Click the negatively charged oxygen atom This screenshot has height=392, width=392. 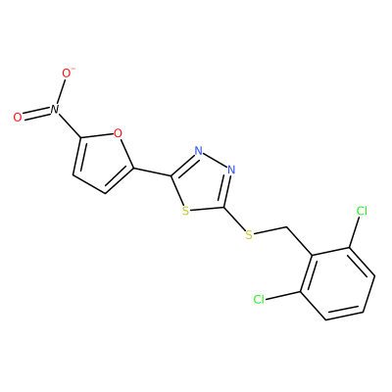(67, 73)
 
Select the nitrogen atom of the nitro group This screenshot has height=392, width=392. (54, 109)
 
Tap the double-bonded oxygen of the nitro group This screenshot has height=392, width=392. (18, 118)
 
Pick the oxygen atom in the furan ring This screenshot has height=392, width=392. (118, 133)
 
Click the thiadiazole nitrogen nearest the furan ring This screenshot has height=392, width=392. (198, 151)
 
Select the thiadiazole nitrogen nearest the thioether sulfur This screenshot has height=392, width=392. (231, 170)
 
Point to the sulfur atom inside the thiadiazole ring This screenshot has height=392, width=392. (185, 211)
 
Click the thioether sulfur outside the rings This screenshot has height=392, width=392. (249, 234)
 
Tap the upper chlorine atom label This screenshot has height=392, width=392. (362, 211)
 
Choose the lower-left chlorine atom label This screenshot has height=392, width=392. (259, 299)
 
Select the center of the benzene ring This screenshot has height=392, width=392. (338, 283)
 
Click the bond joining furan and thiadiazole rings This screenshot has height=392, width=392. (152, 172)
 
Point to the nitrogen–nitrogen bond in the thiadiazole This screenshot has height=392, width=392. (215, 161)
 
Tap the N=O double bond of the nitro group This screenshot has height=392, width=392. (36, 114)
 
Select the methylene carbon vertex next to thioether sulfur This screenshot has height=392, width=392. (287, 226)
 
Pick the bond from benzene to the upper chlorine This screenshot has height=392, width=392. (355, 232)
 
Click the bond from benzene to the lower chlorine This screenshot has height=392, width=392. (283, 295)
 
